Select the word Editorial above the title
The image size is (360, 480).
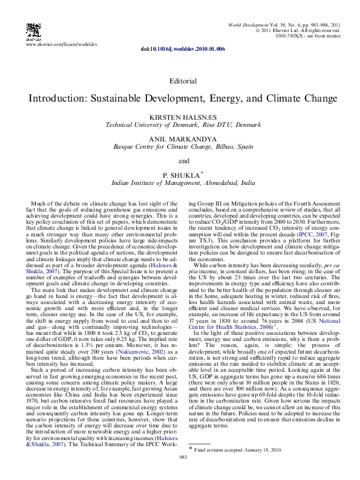[x=183, y=80]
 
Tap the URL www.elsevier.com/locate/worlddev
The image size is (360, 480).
[x=62, y=45]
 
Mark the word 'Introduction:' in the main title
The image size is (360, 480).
[x=57, y=97]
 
